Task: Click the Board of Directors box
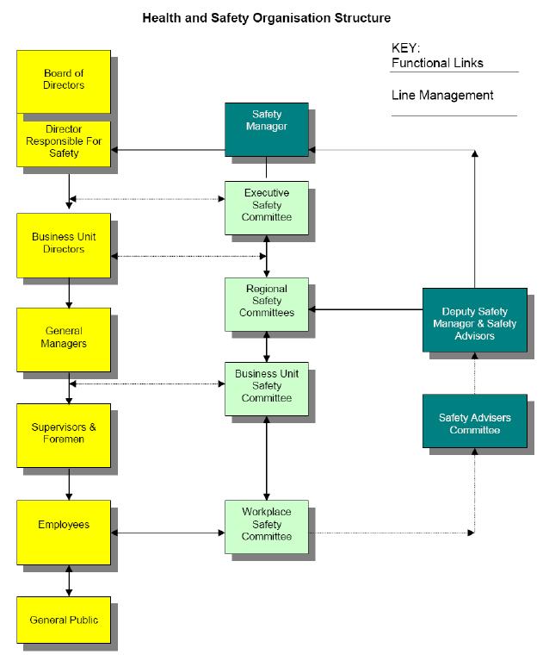pyautogui.click(x=64, y=80)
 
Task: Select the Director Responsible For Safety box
pyautogui.click(x=64, y=140)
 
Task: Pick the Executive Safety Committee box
pyautogui.click(x=266, y=205)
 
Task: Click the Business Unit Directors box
pyautogui.click(x=64, y=245)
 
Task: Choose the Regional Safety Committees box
pyautogui.click(x=266, y=301)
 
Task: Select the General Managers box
pyautogui.click(x=64, y=339)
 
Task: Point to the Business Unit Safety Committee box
pyautogui.click(x=266, y=387)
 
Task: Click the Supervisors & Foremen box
pyautogui.click(x=64, y=433)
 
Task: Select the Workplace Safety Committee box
pyautogui.click(x=266, y=524)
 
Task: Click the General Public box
pyautogui.click(x=64, y=620)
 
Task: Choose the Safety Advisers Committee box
pyautogui.click(x=474, y=422)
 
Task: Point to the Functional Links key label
pyautogui.click(x=437, y=63)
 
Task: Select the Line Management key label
pyautogui.click(x=442, y=96)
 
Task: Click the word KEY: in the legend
pyautogui.click(x=406, y=49)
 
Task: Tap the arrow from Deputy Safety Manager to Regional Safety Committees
pyautogui.click(x=365, y=309)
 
